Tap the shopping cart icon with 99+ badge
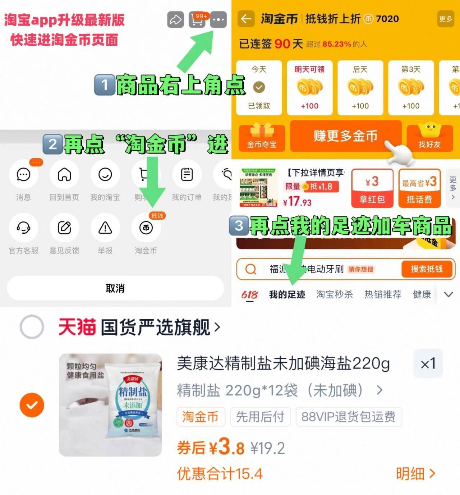[x=197, y=20]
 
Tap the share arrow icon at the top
[x=175, y=20]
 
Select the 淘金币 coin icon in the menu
[x=146, y=228]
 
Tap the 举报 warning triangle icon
[x=105, y=228]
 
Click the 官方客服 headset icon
[x=23, y=228]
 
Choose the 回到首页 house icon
[x=64, y=175]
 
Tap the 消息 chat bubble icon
[x=23, y=175]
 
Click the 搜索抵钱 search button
[x=427, y=269]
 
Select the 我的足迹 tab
[x=287, y=295]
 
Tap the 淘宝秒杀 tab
[x=334, y=295]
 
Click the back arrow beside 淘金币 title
[x=246, y=19]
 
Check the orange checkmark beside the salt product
[x=32, y=405]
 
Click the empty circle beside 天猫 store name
[x=32, y=327]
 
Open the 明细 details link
[x=415, y=474]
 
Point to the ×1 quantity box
[x=428, y=364]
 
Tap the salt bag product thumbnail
[x=110, y=405]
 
